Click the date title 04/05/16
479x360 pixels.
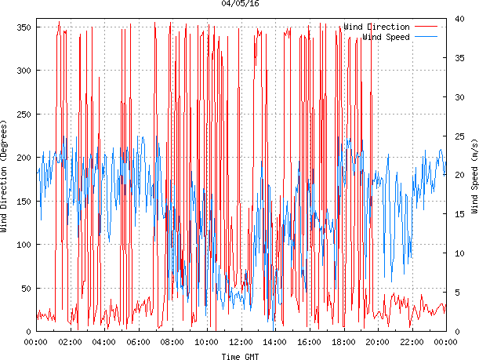240,4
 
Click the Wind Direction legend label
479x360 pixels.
376,27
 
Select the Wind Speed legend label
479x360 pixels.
386,36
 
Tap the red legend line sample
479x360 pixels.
428,27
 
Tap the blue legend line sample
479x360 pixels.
428,36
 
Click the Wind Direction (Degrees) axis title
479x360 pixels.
5,176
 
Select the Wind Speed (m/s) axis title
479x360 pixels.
474,176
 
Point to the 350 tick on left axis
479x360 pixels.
22,27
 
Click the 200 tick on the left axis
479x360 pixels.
22,158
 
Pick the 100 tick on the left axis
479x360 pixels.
22,245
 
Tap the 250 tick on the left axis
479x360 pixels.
22,114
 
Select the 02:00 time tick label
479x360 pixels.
70,341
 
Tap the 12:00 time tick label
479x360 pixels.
241,341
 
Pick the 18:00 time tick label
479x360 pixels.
343,341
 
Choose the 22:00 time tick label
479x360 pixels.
412,341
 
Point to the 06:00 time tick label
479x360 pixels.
138,341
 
